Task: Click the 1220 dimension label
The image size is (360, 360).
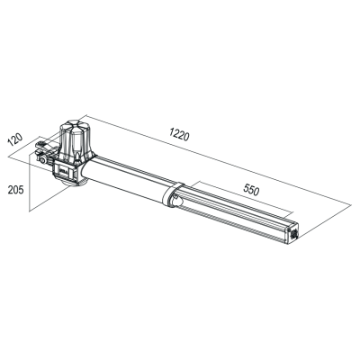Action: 179,134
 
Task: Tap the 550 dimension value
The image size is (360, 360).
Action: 251,190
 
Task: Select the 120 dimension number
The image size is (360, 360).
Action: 15,139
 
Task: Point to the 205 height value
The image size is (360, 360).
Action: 15,190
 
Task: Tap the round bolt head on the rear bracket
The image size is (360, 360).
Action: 43,160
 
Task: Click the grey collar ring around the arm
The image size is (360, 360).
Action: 170,194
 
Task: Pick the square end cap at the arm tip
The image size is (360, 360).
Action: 293,233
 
